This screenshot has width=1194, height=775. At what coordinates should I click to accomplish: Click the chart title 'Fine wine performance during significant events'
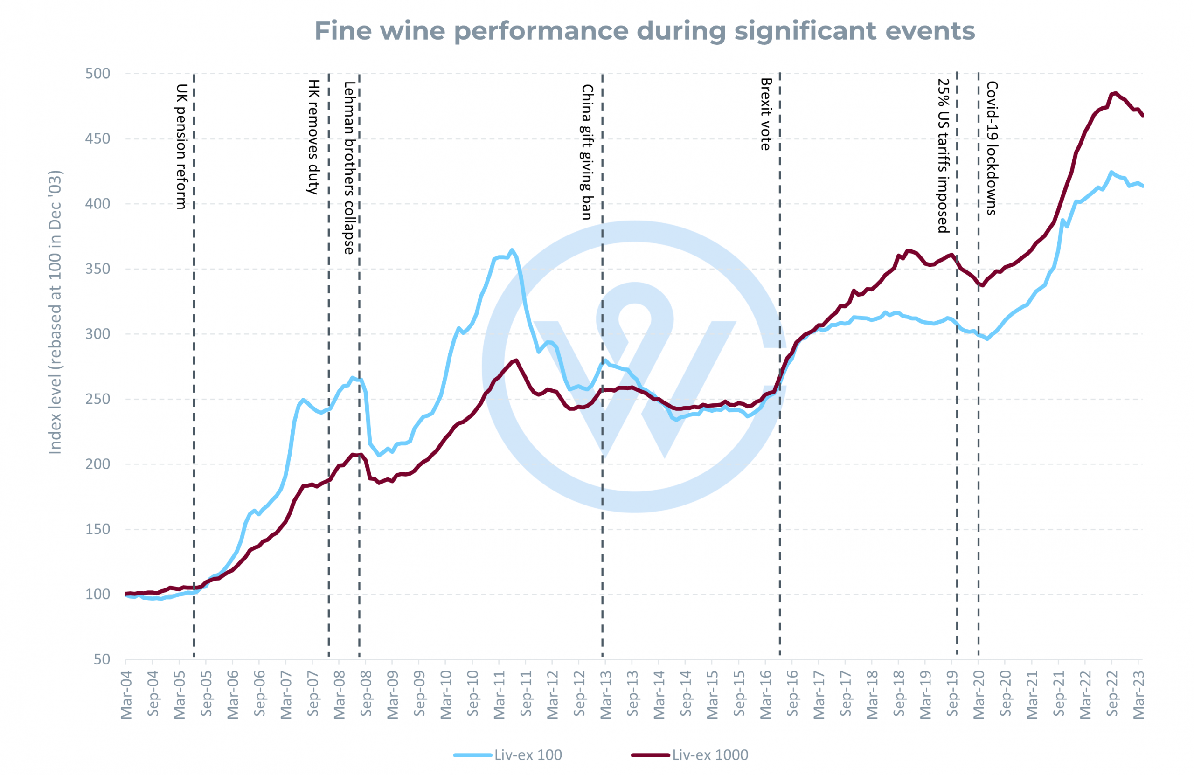(x=645, y=31)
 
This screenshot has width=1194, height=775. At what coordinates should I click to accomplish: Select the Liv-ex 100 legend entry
(x=508, y=755)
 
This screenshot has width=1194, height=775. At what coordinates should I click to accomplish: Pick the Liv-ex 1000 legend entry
(x=690, y=755)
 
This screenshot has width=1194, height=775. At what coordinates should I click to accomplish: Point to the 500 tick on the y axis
(x=98, y=74)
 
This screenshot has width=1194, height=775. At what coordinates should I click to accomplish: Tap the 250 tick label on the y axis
(x=98, y=399)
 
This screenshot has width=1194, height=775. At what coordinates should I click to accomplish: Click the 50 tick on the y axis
(x=102, y=660)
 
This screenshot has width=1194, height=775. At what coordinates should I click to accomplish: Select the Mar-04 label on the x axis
(x=126, y=695)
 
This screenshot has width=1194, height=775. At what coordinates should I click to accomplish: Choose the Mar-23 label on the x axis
(x=1139, y=695)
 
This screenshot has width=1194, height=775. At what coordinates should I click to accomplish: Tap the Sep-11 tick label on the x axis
(x=526, y=695)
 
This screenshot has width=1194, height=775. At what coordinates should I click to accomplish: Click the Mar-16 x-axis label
(x=765, y=695)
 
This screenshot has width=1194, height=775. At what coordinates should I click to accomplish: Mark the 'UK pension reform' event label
(x=181, y=146)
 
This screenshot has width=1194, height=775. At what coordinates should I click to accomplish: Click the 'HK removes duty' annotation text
(x=313, y=137)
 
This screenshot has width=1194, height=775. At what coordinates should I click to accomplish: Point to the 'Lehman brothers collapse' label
(x=349, y=167)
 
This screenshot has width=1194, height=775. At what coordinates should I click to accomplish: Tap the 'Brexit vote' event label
(x=766, y=114)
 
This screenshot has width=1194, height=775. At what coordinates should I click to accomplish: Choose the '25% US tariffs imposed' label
(x=944, y=156)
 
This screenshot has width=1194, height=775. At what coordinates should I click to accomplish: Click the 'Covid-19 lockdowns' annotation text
(x=992, y=148)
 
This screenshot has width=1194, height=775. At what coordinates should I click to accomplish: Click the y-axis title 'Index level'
(x=55, y=312)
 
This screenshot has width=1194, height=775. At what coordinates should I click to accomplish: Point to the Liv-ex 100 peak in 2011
(x=512, y=250)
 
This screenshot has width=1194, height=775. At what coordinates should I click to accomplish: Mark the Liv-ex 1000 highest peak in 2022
(x=1115, y=93)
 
